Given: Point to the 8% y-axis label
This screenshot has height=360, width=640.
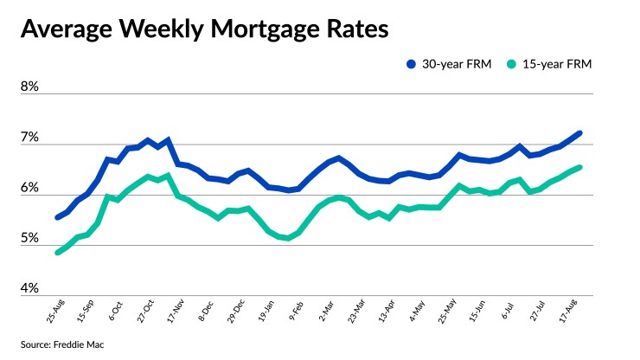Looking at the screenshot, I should tap(30, 88).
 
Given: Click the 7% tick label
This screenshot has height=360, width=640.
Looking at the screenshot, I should tap(30, 138).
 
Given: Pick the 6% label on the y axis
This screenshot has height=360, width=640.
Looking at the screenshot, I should tap(30, 189).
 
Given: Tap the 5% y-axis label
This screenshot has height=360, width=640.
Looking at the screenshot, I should tap(30, 239).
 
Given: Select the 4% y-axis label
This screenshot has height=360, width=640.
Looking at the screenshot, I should tap(30, 289).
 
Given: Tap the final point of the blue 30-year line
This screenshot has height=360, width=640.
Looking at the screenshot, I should tap(579, 133).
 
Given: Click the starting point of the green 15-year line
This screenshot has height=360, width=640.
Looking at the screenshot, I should tap(58, 252).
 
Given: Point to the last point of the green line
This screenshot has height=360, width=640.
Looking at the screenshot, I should tap(579, 168).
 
